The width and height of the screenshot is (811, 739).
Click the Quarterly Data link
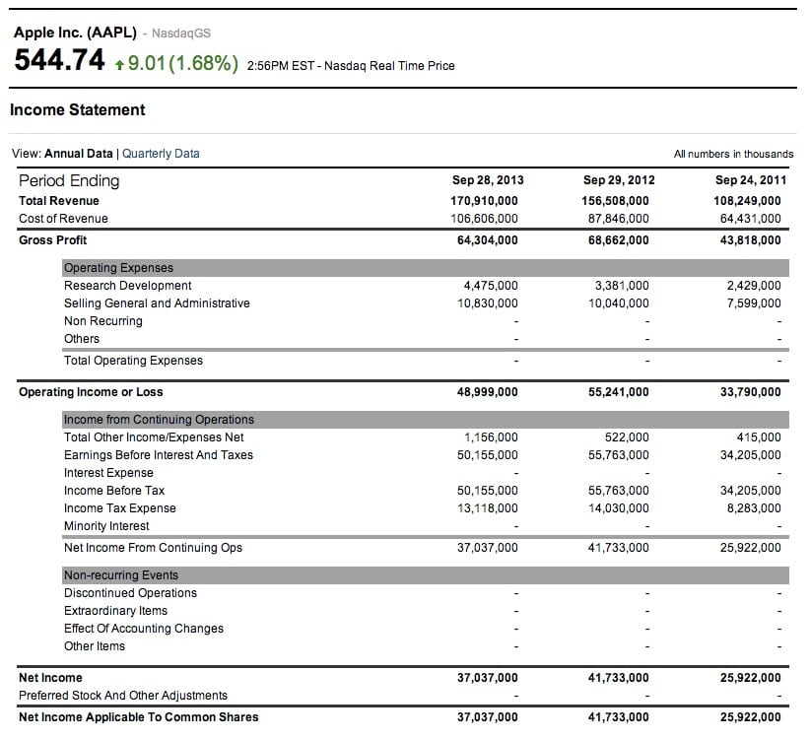click(x=161, y=154)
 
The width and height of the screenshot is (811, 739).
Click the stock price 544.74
click(x=59, y=61)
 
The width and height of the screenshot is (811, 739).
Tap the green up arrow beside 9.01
click(x=119, y=64)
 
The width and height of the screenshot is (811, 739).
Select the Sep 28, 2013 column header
click(x=488, y=180)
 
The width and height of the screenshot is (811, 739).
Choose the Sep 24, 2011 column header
click(x=751, y=180)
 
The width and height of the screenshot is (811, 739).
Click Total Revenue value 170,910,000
click(x=484, y=201)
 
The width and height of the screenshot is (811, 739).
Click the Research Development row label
click(x=128, y=286)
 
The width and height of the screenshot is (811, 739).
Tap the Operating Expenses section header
click(x=118, y=268)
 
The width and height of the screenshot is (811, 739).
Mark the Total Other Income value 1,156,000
click(x=490, y=437)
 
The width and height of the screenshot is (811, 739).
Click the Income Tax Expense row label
click(x=120, y=508)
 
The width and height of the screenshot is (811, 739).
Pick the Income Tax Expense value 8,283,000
click(x=754, y=508)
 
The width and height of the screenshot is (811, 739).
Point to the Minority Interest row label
click(x=106, y=526)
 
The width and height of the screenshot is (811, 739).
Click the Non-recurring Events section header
click(x=121, y=575)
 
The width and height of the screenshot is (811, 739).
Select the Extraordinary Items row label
click(x=115, y=611)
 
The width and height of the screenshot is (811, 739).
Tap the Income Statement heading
click(x=78, y=110)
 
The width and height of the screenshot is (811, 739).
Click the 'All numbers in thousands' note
click(x=733, y=154)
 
